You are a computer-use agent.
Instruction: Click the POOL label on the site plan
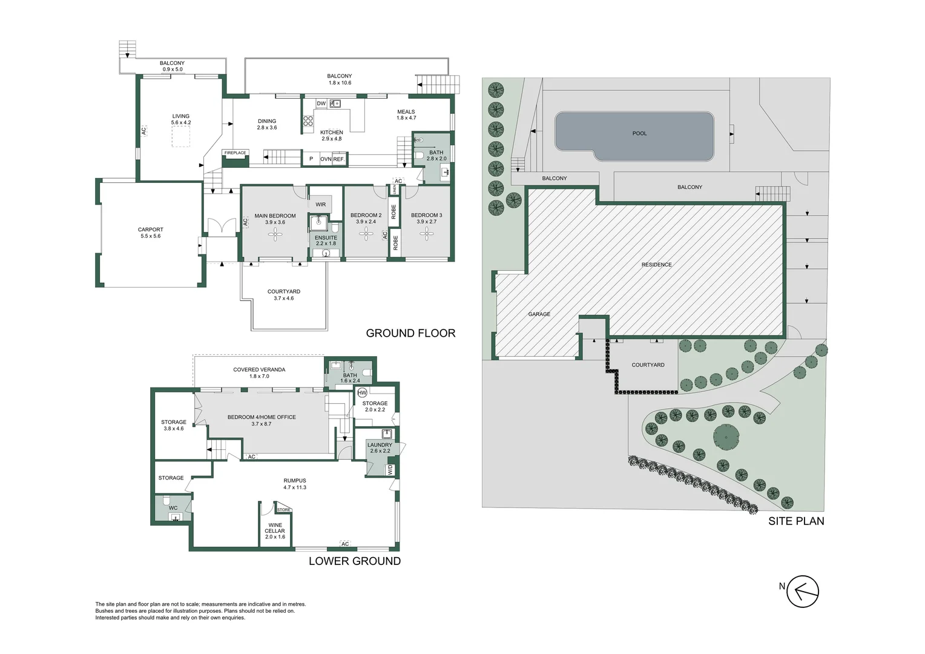coord(639,133)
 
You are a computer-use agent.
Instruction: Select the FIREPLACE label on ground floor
coord(235,153)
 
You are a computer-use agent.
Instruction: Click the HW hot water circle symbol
coord(362,392)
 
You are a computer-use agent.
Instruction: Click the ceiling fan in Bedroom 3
coord(427,234)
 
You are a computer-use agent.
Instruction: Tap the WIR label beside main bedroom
coord(320,205)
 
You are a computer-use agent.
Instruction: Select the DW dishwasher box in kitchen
coord(321,104)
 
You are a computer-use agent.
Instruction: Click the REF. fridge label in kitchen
coord(338,159)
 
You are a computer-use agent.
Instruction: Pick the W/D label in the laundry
coord(389,470)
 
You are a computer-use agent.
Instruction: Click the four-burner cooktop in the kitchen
coord(308,121)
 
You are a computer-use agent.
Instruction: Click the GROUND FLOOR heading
coord(410,333)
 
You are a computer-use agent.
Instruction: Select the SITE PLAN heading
coord(796,521)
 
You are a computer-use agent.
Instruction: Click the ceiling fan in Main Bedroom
coord(275,235)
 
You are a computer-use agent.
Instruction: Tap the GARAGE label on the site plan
coord(539,314)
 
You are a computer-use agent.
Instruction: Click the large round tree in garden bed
coord(726,436)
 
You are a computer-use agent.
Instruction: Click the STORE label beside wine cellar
coord(283,510)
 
